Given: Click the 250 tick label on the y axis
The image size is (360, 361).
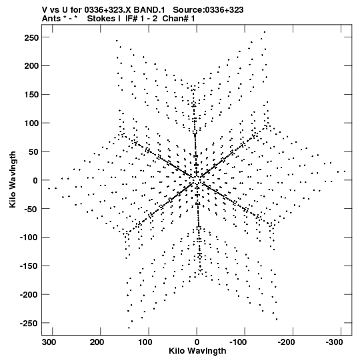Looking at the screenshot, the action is (x=31, y=37).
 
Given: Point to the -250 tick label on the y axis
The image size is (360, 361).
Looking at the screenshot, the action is (x=29, y=323).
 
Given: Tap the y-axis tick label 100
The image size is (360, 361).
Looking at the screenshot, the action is (x=31, y=123).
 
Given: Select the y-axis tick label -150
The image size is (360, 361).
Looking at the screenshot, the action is (x=29, y=266).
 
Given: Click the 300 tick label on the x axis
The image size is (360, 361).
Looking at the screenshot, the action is (x=49, y=342).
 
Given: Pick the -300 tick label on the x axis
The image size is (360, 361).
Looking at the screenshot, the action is (x=334, y=342).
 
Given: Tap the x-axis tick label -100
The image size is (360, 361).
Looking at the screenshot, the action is (x=238, y=342).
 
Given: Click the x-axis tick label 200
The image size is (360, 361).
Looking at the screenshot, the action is (x=97, y=342).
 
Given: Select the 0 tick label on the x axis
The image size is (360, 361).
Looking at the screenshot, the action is (x=197, y=342).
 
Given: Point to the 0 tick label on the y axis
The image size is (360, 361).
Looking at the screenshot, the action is (x=35, y=180).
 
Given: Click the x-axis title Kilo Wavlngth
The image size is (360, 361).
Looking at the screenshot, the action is (x=197, y=351).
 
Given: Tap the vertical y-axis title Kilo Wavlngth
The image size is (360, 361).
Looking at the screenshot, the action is (x=13, y=179).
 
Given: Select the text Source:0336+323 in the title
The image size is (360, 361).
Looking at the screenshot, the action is (x=208, y=10).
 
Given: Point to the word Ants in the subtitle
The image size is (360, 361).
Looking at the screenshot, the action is (x=51, y=19).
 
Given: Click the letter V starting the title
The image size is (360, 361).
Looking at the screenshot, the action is (x=45, y=10).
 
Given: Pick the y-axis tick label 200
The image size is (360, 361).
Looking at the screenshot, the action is (x=31, y=66).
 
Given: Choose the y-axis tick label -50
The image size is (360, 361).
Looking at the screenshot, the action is (x=31, y=209).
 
